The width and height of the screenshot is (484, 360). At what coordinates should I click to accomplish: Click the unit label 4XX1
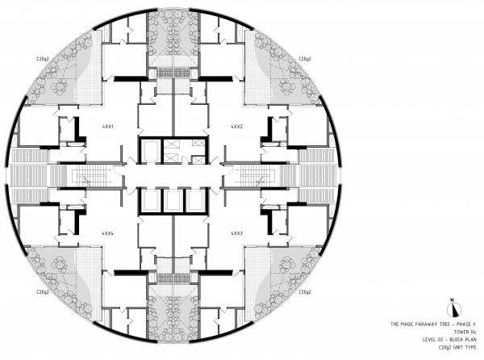point(106,128)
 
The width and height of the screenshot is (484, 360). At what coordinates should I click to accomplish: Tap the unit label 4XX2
point(236,128)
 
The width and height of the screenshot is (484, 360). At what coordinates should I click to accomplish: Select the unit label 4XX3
point(236,232)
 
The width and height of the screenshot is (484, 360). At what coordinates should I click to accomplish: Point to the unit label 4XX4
point(106,232)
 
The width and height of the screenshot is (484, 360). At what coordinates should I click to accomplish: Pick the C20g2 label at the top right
point(306,59)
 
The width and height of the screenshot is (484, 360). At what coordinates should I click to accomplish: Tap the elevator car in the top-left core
point(150,149)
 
